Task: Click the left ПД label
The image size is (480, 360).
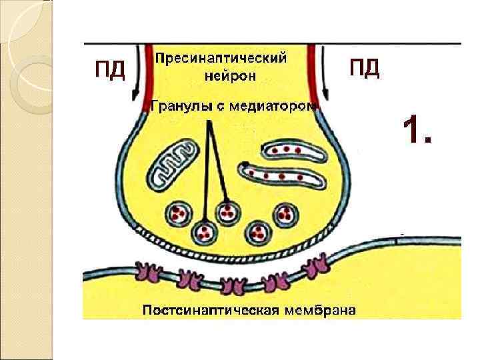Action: [x=110, y=69]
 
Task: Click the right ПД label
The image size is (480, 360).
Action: [x=365, y=67]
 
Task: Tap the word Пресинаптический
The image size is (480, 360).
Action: [x=221, y=58]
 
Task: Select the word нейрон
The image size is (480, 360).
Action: [x=230, y=75]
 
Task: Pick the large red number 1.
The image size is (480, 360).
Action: [x=417, y=129]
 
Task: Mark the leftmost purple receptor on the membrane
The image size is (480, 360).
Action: [x=145, y=271]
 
